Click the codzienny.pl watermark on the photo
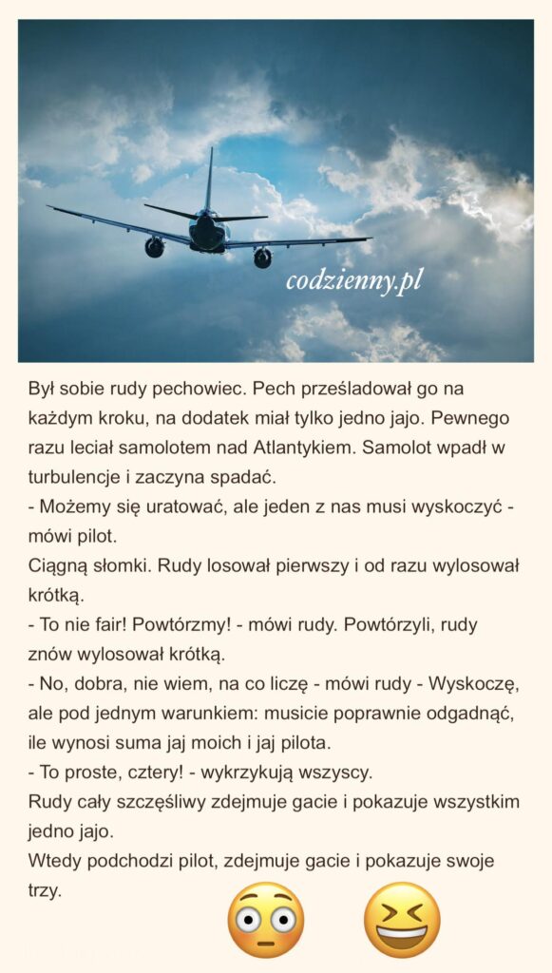click(x=354, y=280)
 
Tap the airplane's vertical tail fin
click(x=209, y=181)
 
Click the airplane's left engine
click(x=154, y=247)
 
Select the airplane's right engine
click(x=262, y=257)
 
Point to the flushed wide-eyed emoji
click(x=265, y=920)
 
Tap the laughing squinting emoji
click(x=402, y=919)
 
